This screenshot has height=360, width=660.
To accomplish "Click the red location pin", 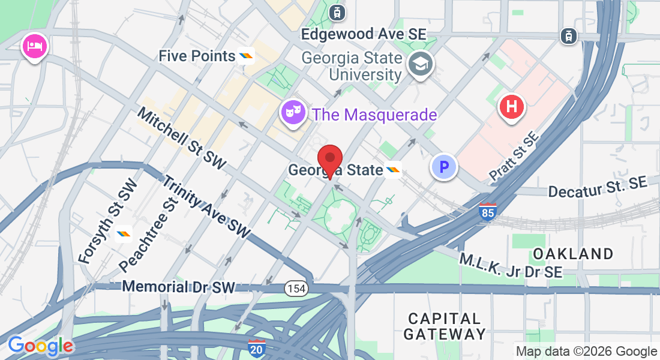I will [x=330, y=159].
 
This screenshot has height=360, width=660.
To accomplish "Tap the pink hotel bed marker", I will [x=35, y=47].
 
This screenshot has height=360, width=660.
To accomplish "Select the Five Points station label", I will [x=197, y=56].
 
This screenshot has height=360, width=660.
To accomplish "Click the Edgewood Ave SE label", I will [x=364, y=34].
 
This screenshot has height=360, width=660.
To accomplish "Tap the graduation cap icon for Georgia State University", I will [x=421, y=64].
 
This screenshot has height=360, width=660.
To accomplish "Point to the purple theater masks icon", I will [x=293, y=112].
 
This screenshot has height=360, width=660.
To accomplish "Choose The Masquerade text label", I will [x=374, y=115].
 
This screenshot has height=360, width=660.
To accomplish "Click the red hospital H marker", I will [x=512, y=108].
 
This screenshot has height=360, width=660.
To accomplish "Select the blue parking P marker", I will [x=445, y=167].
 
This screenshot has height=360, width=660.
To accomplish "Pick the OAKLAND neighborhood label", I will [x=573, y=254].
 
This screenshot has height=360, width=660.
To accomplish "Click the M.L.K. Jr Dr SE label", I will [x=511, y=266].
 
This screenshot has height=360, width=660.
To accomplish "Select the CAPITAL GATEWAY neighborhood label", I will [x=445, y=326].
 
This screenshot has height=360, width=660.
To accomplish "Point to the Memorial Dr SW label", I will [x=178, y=287].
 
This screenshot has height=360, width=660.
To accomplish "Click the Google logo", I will [x=41, y=346].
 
